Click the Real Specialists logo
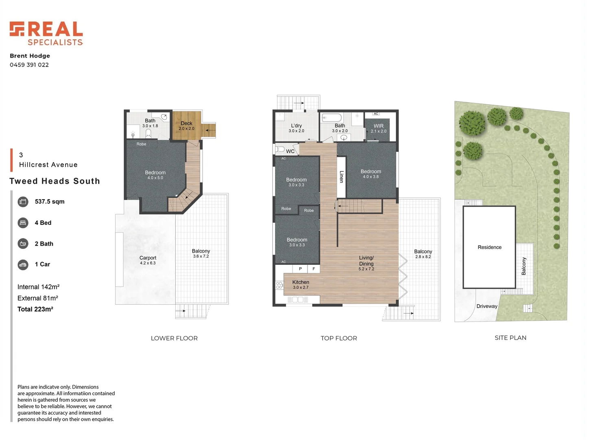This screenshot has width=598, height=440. (46, 33)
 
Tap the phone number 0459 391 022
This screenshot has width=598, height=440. (29, 65)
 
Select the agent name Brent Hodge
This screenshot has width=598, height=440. (30, 56)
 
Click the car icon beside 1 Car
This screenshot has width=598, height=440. (23, 265)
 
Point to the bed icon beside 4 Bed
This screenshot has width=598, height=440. (23, 223)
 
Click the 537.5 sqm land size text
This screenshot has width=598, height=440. (50, 202)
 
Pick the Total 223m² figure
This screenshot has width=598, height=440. (35, 309)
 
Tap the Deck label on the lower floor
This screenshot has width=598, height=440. (186, 123)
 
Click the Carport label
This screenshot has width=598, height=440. (148, 258)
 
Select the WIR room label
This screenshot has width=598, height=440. (378, 126)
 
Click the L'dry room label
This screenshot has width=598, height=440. (296, 126)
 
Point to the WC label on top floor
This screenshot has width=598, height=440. (290, 151)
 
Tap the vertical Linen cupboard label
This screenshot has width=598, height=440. (341, 176)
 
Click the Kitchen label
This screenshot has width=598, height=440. (301, 282)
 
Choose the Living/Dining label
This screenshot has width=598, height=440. (366, 261)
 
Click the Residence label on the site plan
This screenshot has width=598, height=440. (489, 247)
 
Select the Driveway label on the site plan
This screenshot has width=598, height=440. (487, 306)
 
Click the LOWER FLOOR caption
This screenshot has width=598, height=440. (174, 338)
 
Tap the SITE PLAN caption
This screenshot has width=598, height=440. (510, 338)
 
